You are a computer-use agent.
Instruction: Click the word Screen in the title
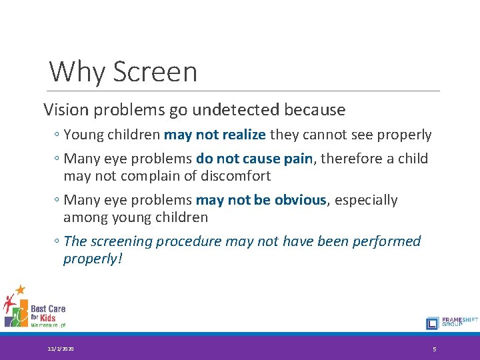tap(155, 71)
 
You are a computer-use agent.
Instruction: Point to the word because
tap(315, 109)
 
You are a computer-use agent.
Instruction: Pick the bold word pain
tap(297, 159)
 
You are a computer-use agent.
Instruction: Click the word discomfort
tap(237, 176)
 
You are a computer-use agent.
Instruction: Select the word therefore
tap(347, 159)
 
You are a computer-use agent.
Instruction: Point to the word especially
tap(366, 200)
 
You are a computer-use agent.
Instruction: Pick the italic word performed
tap(389, 241)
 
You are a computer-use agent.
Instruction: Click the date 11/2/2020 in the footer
tap(61, 349)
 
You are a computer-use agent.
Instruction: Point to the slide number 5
tap(434, 349)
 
